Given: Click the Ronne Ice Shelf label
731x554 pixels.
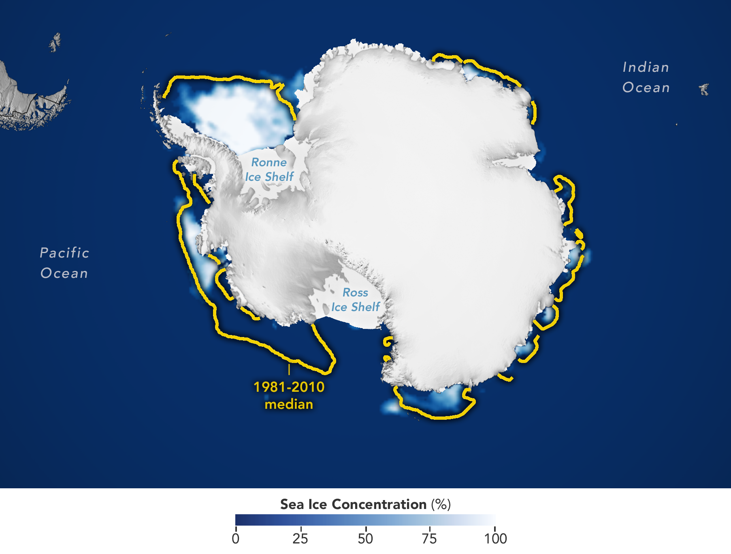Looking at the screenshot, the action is point(269,170).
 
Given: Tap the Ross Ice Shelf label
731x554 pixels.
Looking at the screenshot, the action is point(356,300).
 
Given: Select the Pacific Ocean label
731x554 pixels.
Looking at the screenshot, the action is point(64,263).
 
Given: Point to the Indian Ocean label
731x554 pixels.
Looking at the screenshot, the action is point(646,77).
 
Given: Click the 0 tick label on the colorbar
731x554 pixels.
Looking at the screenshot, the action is point(236,539).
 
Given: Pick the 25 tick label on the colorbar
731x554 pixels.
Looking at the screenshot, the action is point(300,539).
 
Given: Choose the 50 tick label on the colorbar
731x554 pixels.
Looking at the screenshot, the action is point(365,539).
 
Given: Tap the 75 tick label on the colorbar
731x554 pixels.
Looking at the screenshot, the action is point(429,539).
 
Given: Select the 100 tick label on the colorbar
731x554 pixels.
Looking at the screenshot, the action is point(495,539).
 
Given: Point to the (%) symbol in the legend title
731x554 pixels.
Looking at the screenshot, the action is point(441,504).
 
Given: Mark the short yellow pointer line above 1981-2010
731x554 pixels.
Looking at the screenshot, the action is point(289,369).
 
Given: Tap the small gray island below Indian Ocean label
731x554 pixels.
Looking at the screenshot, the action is point(704,89).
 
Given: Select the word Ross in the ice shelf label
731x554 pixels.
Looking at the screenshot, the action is point(355,292).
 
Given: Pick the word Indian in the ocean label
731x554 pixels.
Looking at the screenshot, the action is point(646,67).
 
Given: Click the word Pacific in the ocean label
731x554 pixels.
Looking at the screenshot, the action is point(64,253).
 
